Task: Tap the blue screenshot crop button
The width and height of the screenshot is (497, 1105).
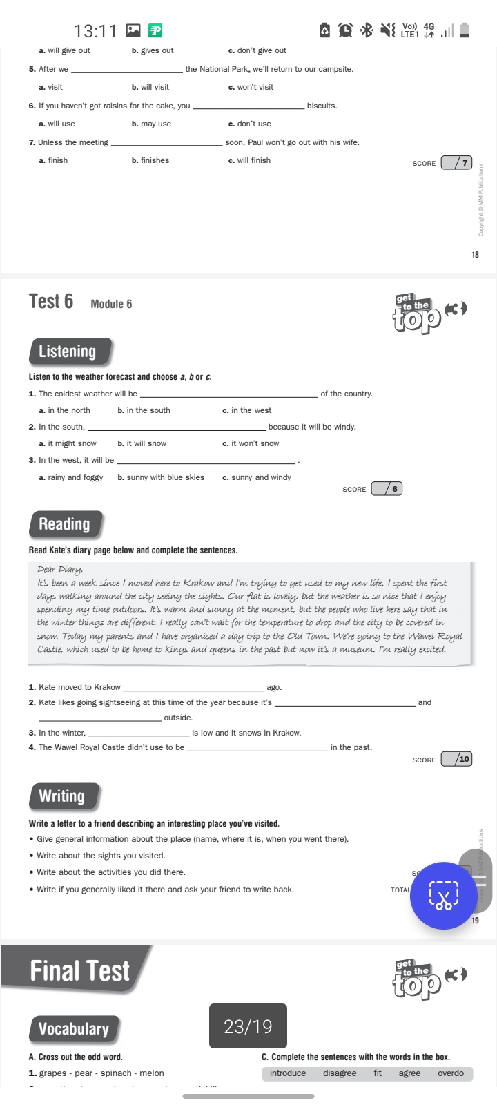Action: (444, 895)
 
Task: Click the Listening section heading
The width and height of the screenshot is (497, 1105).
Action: (68, 352)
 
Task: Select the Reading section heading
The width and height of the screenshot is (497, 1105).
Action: (65, 524)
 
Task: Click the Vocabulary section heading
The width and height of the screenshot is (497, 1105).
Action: (74, 1029)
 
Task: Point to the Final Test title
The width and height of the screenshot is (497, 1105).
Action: (79, 971)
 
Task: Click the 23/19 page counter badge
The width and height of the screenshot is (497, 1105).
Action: (248, 1026)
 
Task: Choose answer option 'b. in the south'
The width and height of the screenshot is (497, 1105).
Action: (144, 410)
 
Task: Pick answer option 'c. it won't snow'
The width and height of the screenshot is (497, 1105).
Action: (251, 443)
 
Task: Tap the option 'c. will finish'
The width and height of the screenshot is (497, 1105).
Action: (249, 160)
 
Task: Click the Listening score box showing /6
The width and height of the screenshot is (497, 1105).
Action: (387, 489)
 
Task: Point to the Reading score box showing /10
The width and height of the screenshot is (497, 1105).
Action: (456, 759)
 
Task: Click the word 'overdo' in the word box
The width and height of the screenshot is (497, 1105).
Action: (451, 1073)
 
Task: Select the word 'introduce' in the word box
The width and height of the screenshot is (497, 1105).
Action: (288, 1073)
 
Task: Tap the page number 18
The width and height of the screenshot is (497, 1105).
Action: (475, 255)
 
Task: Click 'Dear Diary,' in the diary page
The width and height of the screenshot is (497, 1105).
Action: (60, 569)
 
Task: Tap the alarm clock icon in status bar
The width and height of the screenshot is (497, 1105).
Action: (345, 30)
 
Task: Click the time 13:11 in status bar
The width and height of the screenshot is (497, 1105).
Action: (95, 31)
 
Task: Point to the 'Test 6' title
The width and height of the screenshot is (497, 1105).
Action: (51, 302)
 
